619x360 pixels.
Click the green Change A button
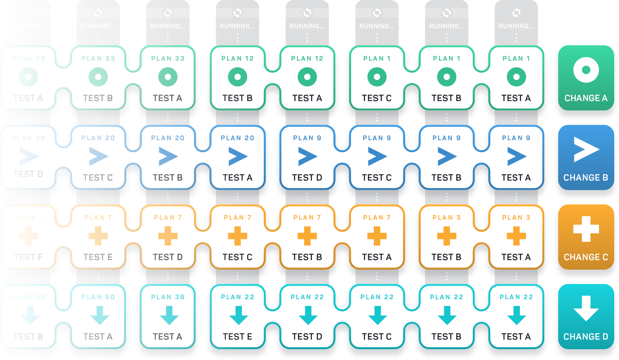tap(586, 78)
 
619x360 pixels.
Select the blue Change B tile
tap(586, 157)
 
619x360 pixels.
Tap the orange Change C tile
tap(586, 237)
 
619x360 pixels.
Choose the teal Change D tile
tap(586, 316)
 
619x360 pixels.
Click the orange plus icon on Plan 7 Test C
tap(238, 236)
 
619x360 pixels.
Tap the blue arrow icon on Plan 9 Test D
tap(307, 156)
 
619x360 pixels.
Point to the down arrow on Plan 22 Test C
tap(377, 315)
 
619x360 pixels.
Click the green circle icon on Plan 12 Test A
tap(307, 77)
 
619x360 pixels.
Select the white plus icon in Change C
tap(586, 229)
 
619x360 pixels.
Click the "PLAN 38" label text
tap(168, 297)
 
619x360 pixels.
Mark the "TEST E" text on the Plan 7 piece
tap(98, 257)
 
